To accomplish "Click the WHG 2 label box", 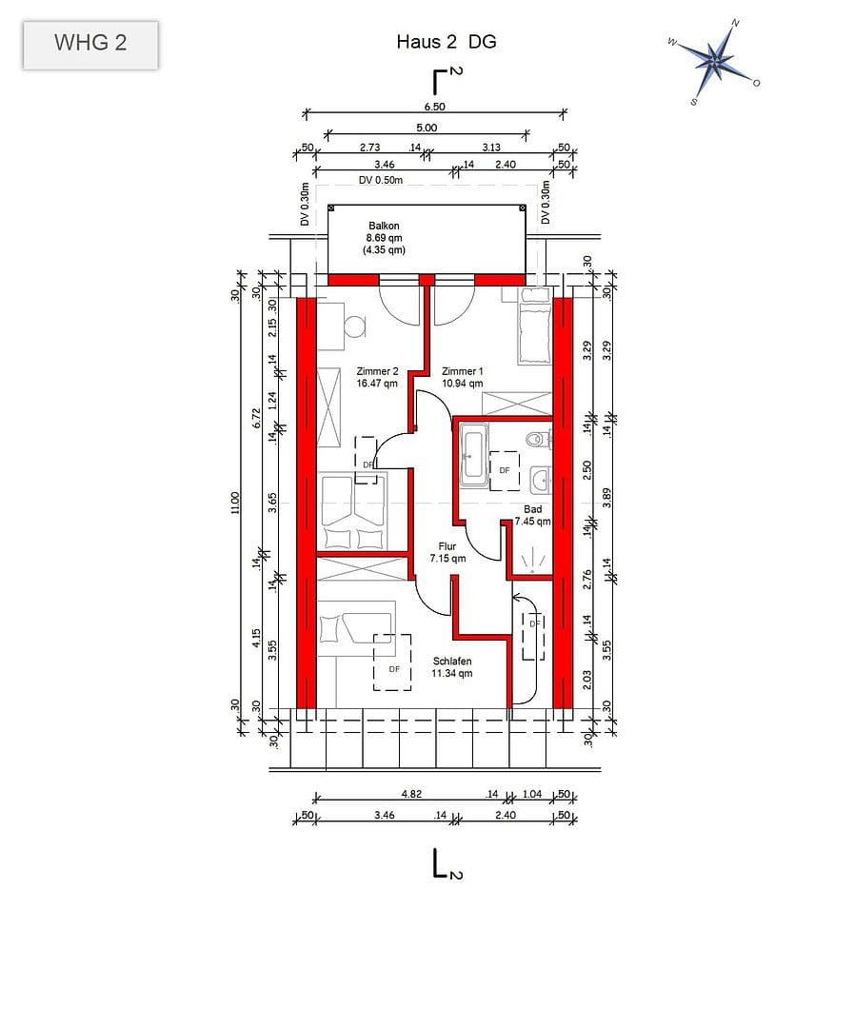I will (90, 44).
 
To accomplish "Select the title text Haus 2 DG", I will (446, 42).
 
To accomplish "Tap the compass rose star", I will (715, 60).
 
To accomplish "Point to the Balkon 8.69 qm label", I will (384, 238).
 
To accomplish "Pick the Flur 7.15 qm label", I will (447, 553).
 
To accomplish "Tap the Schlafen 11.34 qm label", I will (452, 667).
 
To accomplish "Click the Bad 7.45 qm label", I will (532, 515).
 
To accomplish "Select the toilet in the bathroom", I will (537, 440).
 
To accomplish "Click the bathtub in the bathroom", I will (473, 456).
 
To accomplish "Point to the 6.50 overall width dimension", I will (434, 107).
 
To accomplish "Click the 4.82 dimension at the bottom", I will (411, 793).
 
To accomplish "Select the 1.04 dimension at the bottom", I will (532, 793).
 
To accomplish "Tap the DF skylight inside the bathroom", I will (505, 470).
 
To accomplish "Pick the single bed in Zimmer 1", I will (533, 333).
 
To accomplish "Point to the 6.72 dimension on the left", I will (255, 419).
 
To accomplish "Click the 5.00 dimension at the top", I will (426, 128).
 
